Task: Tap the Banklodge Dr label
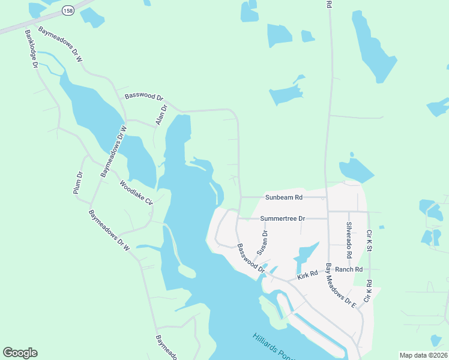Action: pyautogui.click(x=31, y=47)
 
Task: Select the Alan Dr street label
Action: pyautogui.click(x=161, y=114)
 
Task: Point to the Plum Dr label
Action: pyautogui.click(x=77, y=183)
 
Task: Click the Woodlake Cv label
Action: pyautogui.click(x=136, y=193)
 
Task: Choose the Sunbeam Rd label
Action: pyautogui.click(x=285, y=197)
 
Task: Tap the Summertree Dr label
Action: pyautogui.click(x=283, y=219)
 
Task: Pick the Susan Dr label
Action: pyautogui.click(x=262, y=241)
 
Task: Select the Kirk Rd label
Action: pyautogui.click(x=307, y=275)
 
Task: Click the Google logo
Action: pyautogui.click(x=20, y=353)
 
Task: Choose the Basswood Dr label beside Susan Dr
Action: pyautogui.click(x=250, y=257)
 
